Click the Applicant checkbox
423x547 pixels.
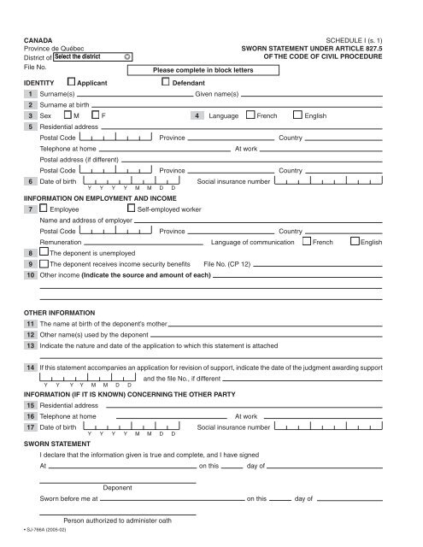click(71, 83)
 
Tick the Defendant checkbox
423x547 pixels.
click(166, 83)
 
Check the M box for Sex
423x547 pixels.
click(68, 115)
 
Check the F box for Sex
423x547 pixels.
click(94, 115)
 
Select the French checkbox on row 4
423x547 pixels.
click(250, 115)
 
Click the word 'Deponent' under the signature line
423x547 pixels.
click(116, 488)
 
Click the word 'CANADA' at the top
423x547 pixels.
click(38, 40)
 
